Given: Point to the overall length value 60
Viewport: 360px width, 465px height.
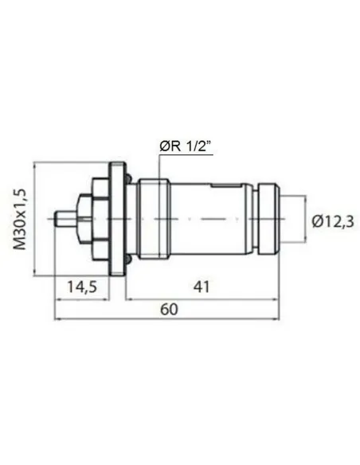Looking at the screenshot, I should point(168,310).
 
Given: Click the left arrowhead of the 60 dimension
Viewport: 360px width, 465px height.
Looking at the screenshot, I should point(57,319).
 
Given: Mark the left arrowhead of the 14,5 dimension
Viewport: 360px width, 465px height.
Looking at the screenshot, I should point(57,297).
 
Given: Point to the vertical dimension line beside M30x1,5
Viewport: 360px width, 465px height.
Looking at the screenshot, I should point(34,219).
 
